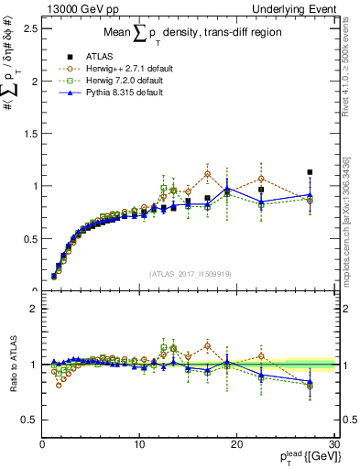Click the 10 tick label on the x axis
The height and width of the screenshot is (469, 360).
point(139,444)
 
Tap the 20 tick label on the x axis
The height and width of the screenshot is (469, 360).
point(236,444)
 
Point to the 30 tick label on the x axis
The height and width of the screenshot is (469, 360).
point(333,444)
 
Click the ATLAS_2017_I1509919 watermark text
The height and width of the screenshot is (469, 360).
point(189,272)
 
